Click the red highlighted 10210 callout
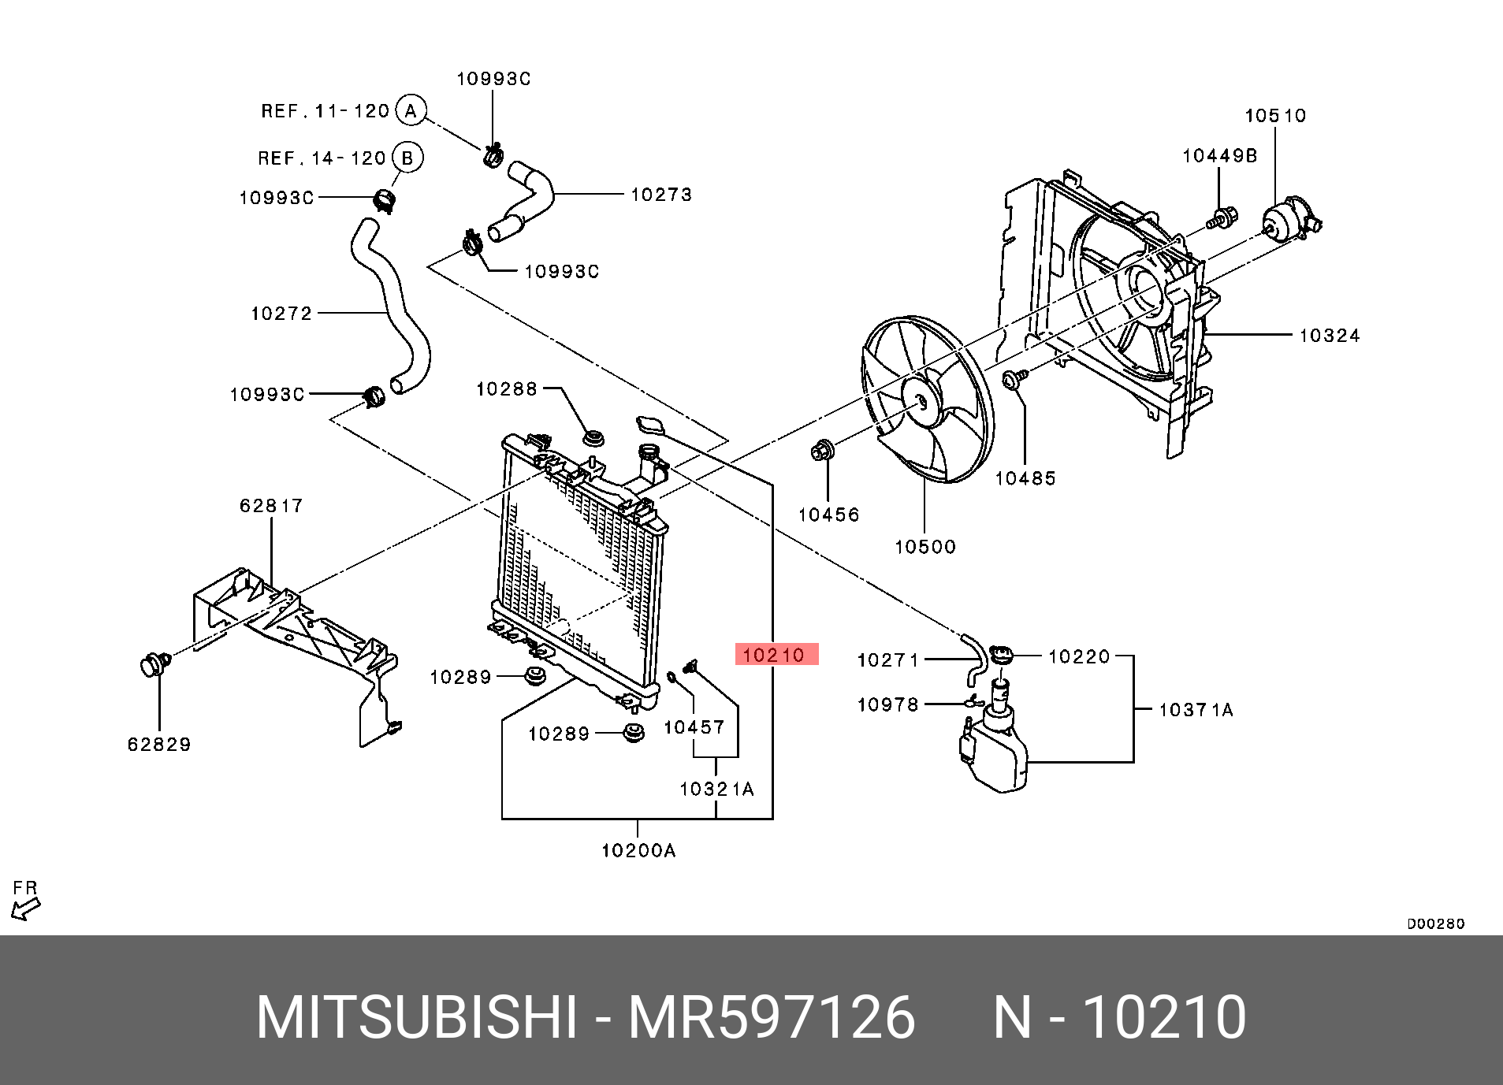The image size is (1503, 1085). tap(776, 654)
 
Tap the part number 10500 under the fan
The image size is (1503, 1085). tap(924, 546)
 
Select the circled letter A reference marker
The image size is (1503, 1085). tap(411, 110)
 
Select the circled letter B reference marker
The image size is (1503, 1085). tap(407, 158)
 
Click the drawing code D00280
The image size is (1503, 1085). tap(1435, 923)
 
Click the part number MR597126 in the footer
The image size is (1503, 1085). tap(771, 1017)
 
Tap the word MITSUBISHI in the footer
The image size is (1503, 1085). tap(418, 1017)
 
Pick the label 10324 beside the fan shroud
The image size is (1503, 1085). tap(1329, 336)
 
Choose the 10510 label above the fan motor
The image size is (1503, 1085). tap(1274, 116)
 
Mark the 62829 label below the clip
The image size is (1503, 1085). tap(159, 744)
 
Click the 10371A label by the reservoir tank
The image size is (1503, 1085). tap(1195, 710)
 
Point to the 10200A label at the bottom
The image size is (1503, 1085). tap(638, 850)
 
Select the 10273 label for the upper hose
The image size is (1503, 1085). tap(660, 194)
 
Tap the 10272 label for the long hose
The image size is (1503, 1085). tap(281, 314)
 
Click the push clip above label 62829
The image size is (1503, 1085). tap(154, 664)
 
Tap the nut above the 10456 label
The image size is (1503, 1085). tap(820, 451)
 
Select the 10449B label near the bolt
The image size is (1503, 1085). tap(1219, 156)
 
